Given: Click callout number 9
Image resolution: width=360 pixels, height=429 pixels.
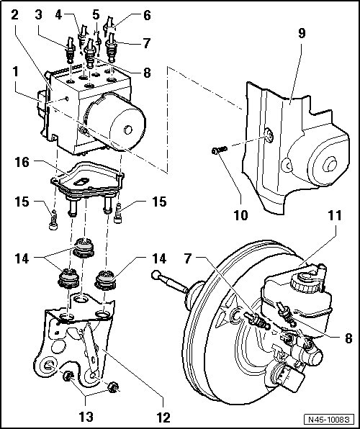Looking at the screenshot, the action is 302,33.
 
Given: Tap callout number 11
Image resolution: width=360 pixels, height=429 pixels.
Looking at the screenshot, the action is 335,215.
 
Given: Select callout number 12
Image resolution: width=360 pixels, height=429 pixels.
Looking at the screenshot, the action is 163,417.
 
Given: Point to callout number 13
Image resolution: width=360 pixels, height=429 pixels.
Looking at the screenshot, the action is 86,417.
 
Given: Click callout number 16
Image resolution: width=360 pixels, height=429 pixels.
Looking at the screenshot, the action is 22,162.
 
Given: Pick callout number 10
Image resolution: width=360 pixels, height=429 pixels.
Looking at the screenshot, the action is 241,215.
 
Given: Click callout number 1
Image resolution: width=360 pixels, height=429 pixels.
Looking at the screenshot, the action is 15,72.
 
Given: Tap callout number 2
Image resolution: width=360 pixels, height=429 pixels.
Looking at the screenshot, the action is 14,15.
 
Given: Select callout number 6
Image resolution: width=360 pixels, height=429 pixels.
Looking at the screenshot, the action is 147,15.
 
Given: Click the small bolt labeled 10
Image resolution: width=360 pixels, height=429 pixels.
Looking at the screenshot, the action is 220,150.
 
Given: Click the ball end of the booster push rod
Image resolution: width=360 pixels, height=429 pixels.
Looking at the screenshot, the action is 156,274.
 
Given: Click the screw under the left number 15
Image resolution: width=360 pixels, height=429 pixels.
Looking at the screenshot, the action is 54,220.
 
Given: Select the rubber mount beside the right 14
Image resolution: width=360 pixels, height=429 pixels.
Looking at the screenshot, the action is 105,279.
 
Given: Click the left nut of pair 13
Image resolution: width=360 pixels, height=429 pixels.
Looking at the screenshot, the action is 66,376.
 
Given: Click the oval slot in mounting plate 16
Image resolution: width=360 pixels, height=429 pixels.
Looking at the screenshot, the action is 81,181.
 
